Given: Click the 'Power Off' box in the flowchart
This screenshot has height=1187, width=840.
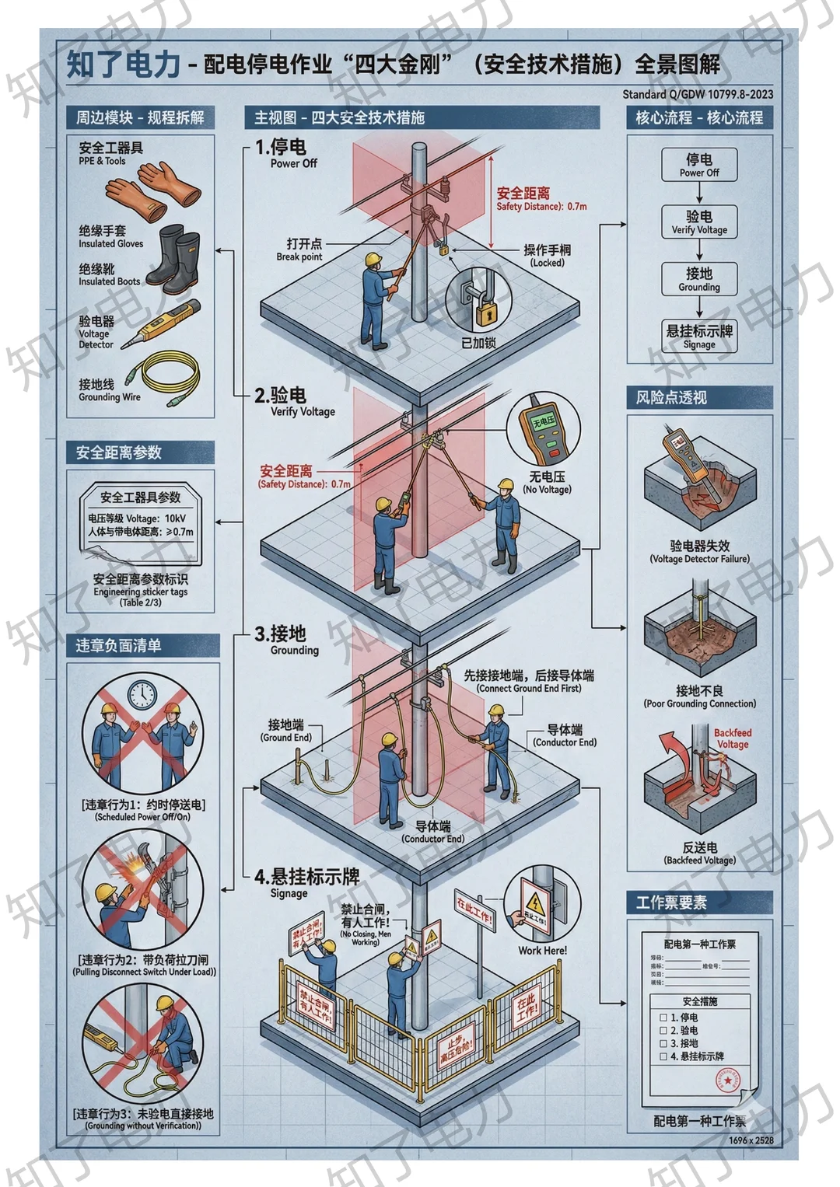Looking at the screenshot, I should pos(698,165).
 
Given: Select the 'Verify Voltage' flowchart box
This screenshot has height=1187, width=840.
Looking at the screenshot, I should pos(698,222).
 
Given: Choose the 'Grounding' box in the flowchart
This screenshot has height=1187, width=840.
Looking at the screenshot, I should pos(698,279).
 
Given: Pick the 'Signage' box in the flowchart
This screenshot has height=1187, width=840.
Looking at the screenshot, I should pos(698,337).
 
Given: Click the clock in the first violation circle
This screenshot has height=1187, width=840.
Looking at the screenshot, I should pos(142,694).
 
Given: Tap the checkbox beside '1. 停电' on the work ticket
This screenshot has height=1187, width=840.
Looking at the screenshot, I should pos(663,1017).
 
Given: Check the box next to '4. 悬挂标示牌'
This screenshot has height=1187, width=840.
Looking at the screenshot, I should pos(663,1056).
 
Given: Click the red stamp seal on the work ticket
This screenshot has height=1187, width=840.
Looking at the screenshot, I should pos(729,1081).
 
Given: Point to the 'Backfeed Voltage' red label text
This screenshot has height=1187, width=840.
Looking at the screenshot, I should pos(733,738).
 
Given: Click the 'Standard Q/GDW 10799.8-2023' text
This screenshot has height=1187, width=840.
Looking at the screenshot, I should pos(698,95).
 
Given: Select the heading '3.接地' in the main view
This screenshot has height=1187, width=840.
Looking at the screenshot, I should pos(281,634).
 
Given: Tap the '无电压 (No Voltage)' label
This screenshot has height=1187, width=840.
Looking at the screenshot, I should pos(547,482).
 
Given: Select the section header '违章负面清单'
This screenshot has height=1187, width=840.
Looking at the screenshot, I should pos(118,645).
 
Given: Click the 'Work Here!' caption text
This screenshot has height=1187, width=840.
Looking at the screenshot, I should pos(542,950).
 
